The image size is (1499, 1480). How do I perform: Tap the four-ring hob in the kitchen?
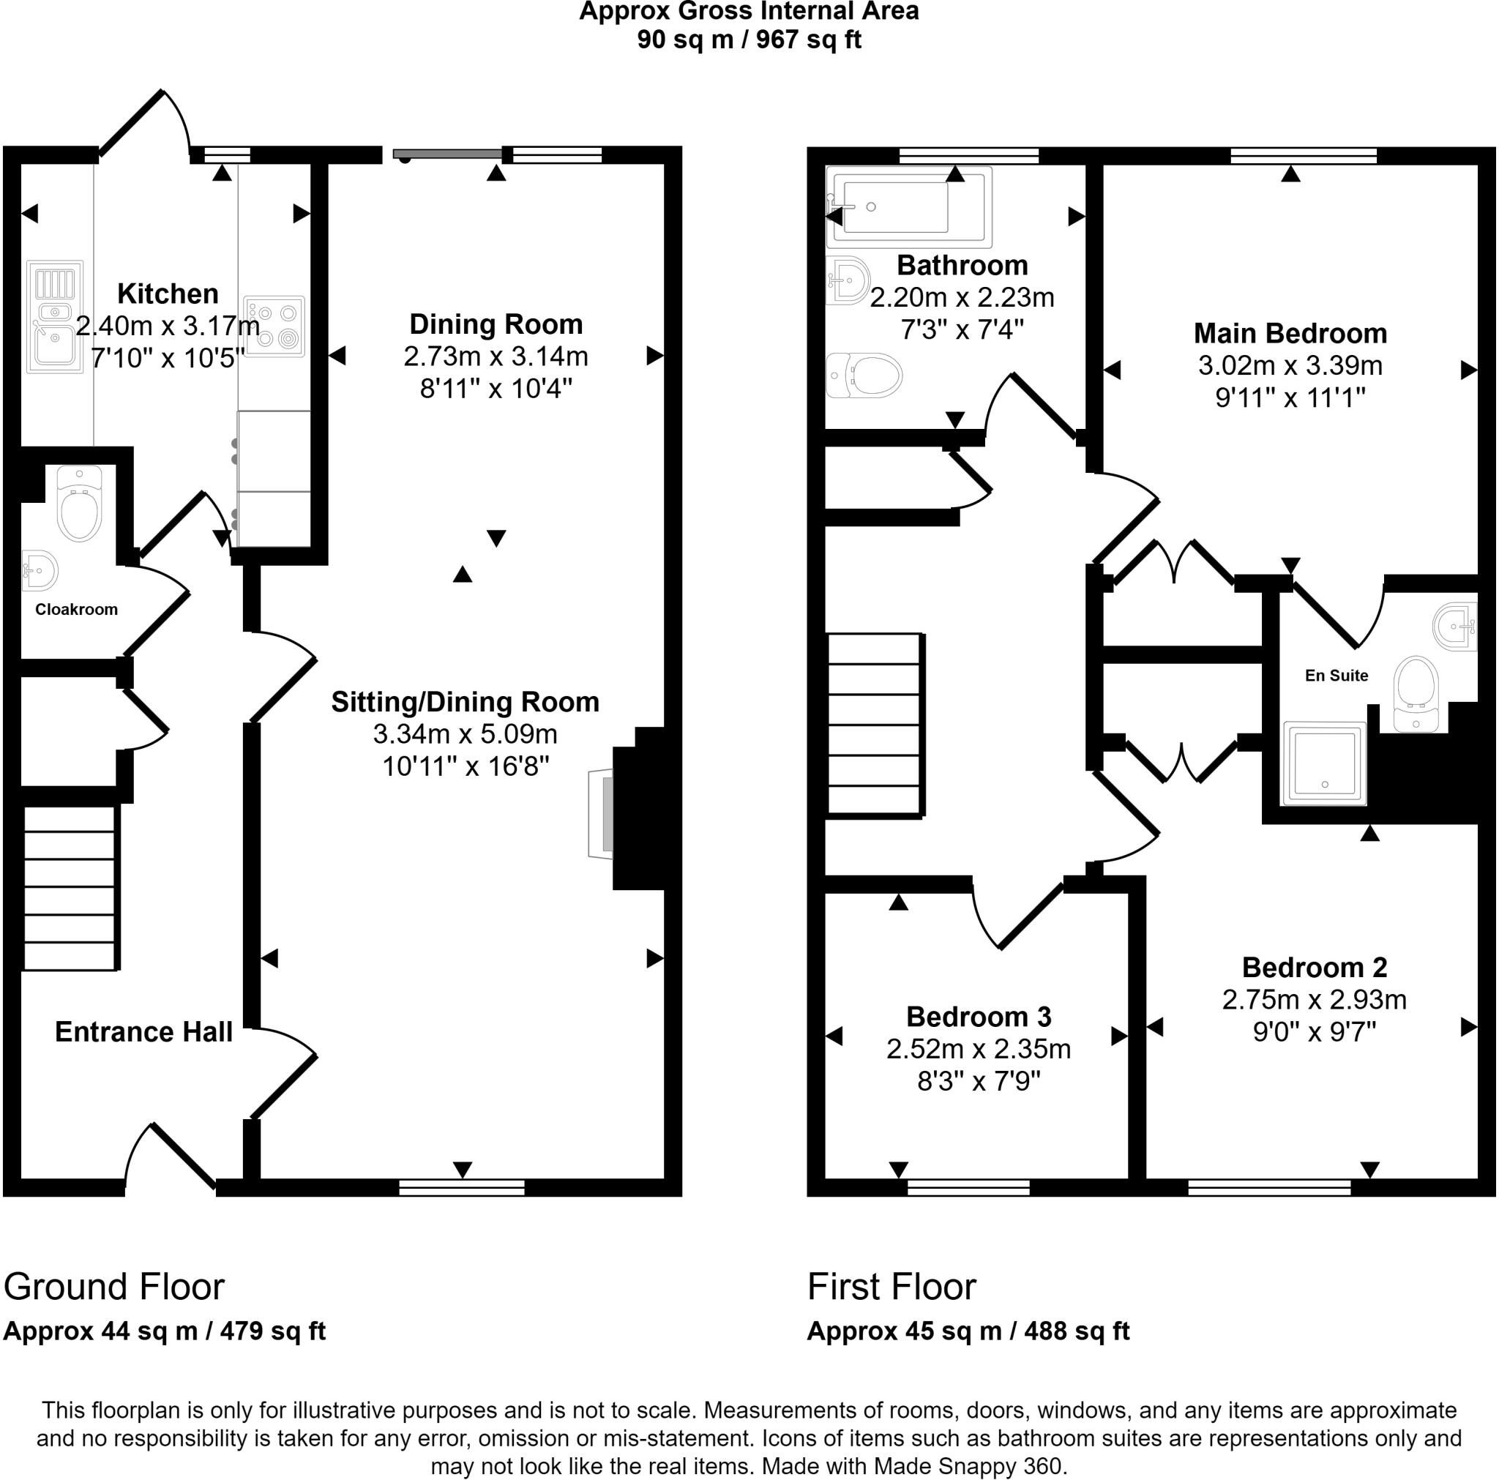274,326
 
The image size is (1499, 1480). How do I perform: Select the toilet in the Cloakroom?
80,505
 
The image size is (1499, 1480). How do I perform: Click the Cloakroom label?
76,610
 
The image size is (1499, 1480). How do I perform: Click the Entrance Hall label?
143,1032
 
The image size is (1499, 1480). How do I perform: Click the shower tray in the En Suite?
1323,763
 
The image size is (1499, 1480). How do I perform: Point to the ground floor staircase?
70,889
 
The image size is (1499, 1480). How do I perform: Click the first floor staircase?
875,725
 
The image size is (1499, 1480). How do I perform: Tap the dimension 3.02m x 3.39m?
1290,365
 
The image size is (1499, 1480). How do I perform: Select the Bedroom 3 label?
979,1017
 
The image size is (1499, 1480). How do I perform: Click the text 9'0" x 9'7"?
1314,1032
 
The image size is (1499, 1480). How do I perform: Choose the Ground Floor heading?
114,1287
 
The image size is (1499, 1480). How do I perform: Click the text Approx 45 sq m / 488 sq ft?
968,1331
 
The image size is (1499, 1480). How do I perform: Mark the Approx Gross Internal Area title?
749,12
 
